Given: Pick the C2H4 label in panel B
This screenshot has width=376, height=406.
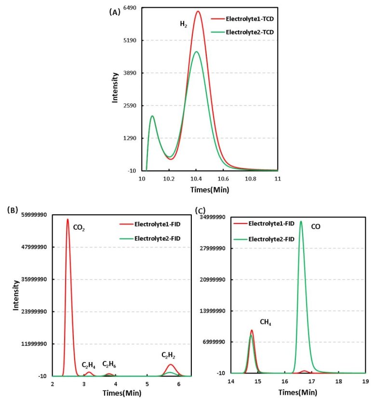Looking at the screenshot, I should click(x=88, y=365).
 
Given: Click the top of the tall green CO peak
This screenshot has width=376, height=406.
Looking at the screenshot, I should click(x=301, y=222).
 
